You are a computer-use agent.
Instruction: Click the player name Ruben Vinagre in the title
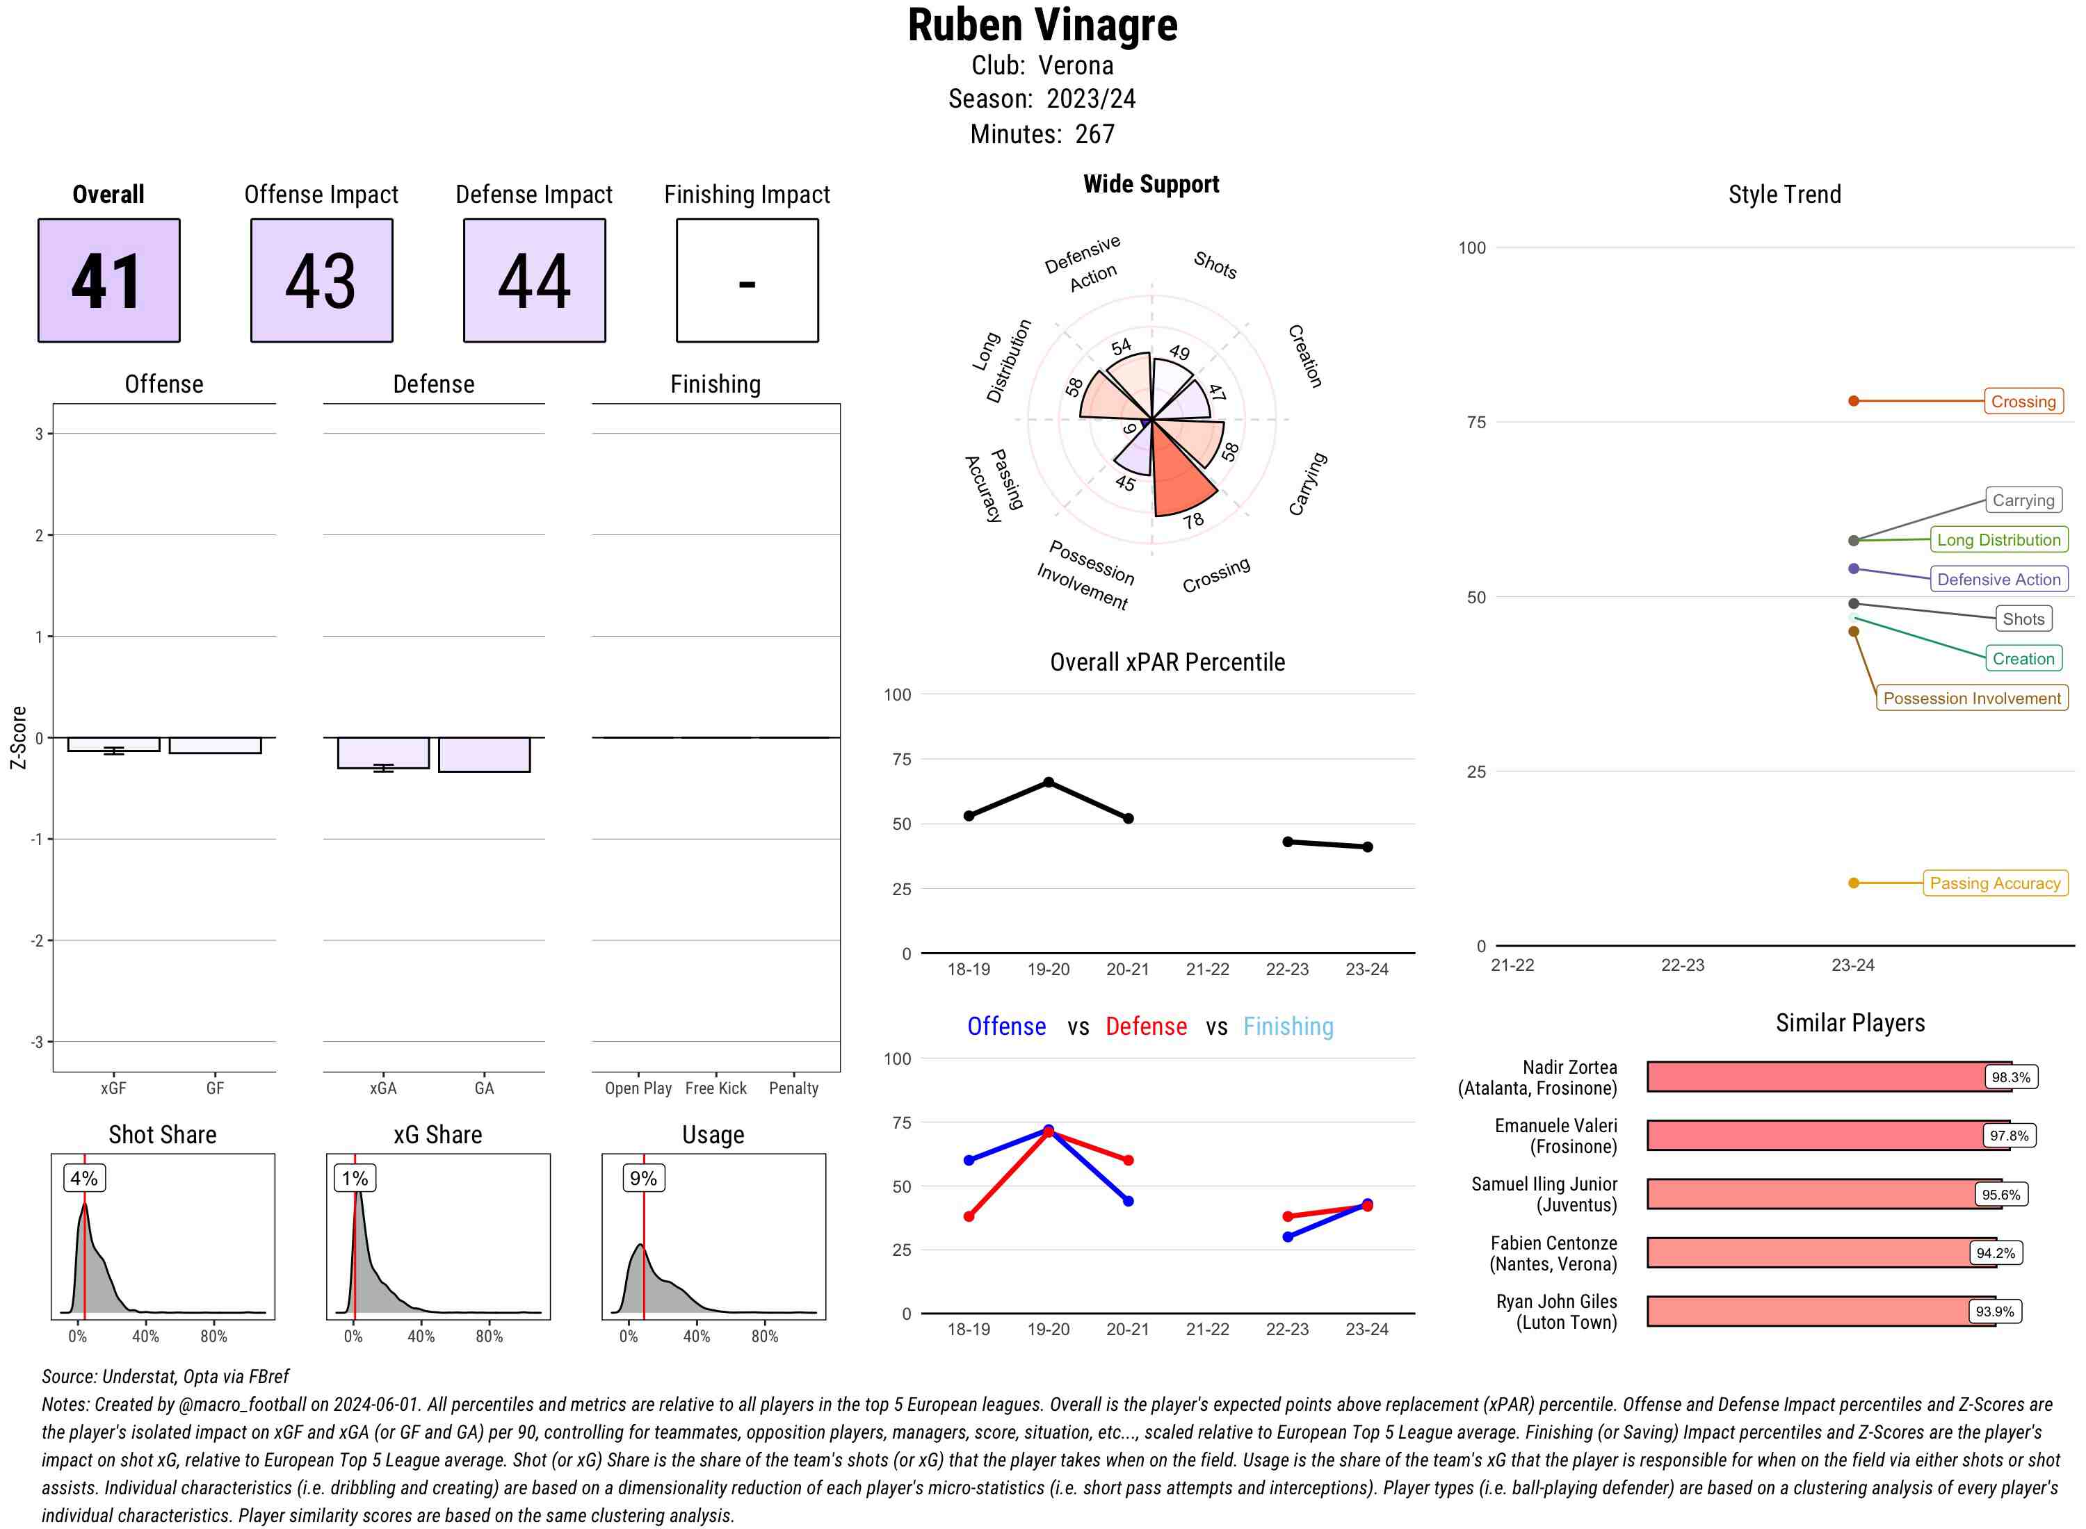coord(1042,26)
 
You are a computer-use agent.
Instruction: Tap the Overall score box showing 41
coord(108,281)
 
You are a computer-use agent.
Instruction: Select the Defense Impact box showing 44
coord(534,281)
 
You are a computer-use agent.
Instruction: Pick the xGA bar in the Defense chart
coord(383,753)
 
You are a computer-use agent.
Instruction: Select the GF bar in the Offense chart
coord(215,745)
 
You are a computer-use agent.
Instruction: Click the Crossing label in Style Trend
coord(2022,402)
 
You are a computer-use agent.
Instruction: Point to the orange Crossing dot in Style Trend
coord(1852,401)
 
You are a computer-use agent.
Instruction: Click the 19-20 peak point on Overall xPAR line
coord(1048,782)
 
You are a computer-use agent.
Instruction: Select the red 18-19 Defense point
coord(969,1216)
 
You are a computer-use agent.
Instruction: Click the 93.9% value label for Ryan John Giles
coord(1994,1311)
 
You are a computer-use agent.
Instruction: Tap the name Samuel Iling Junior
coord(1544,1184)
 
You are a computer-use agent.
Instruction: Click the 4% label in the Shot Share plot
coord(83,1178)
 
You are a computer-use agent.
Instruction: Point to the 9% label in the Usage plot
coord(642,1178)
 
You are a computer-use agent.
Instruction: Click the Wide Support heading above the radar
coord(1150,184)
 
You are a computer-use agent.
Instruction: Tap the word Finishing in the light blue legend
coord(1288,1027)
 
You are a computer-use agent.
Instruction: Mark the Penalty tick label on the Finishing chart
coord(793,1088)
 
